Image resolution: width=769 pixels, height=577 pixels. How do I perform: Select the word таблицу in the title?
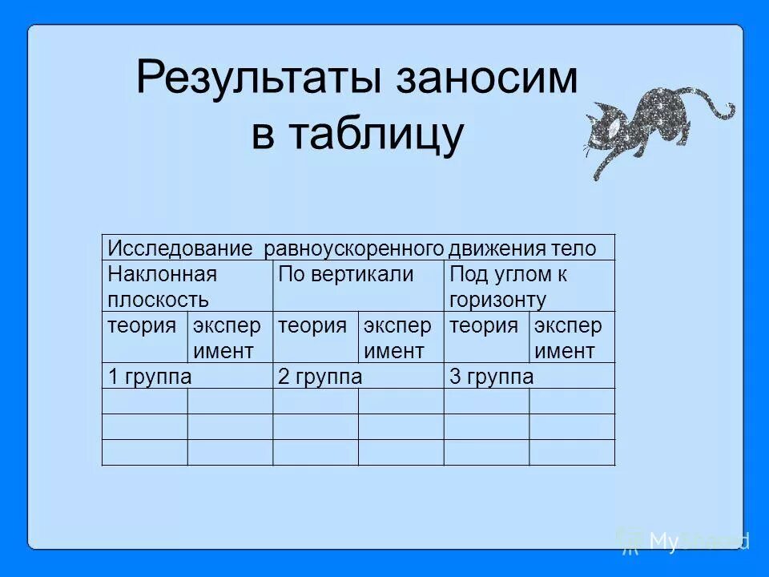coord(380,135)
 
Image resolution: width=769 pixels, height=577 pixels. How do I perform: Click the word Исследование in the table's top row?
coord(179,248)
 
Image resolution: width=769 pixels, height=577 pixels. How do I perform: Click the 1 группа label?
coord(149,377)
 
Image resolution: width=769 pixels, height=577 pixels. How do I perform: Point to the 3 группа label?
coord(491,377)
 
